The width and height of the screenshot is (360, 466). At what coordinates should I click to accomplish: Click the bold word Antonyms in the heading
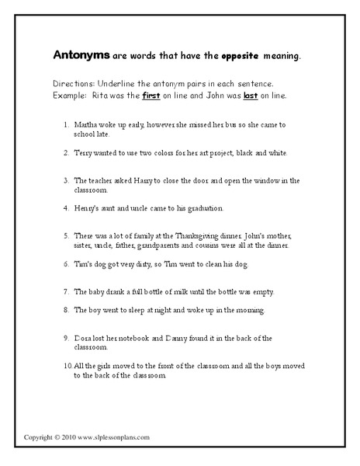coord(80,56)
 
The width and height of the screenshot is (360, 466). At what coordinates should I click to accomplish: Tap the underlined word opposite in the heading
coord(235,57)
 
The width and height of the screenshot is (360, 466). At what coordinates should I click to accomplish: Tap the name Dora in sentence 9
coord(85,338)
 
